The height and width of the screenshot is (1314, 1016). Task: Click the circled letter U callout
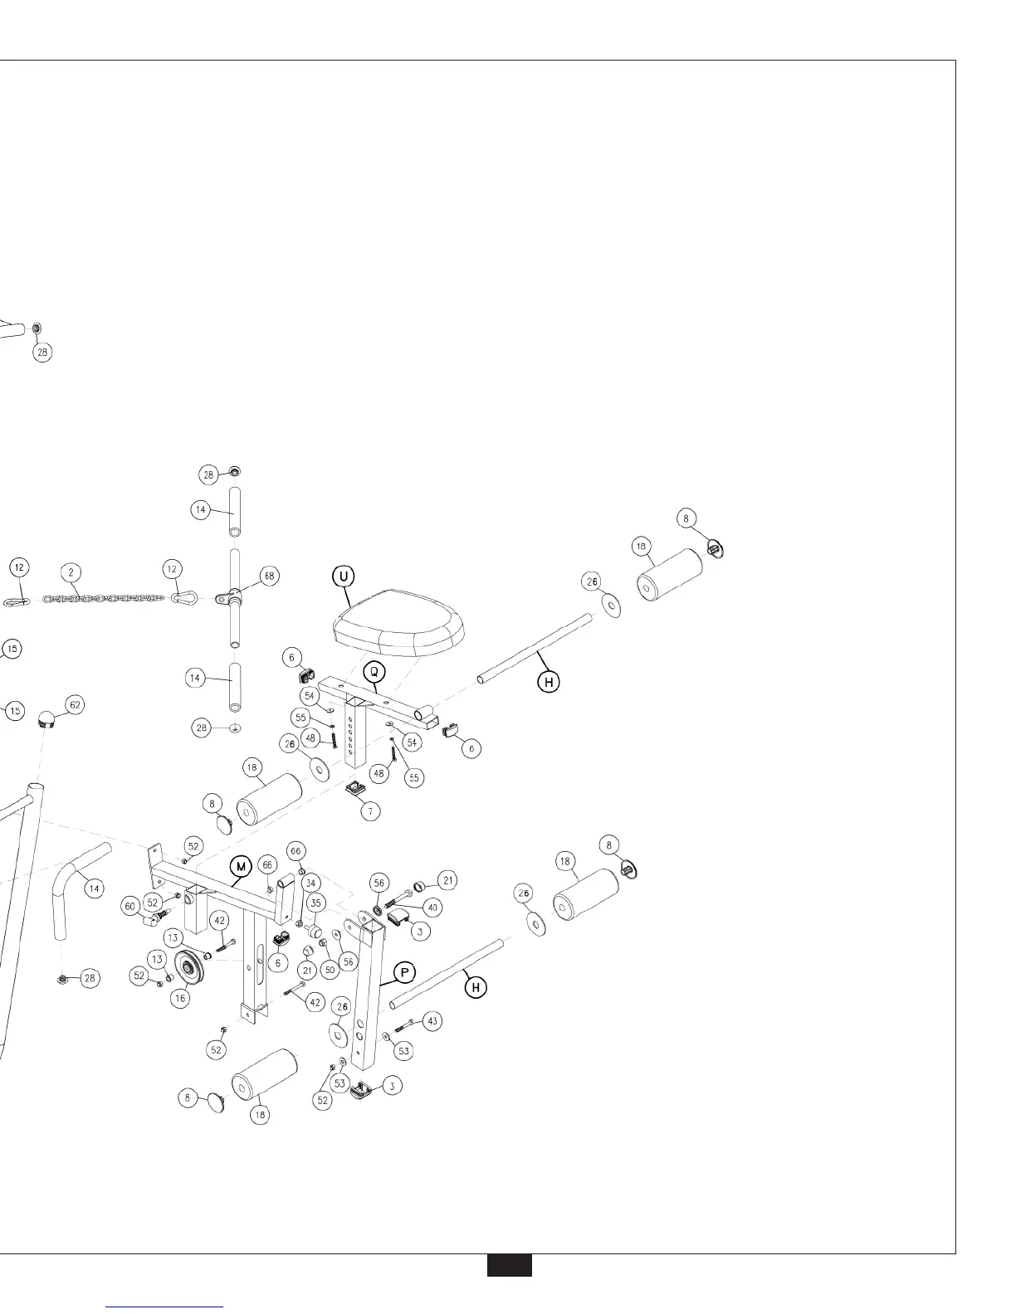tap(344, 575)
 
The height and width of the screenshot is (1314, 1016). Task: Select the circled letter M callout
tap(241, 867)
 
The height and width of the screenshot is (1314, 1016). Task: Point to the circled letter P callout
tap(404, 971)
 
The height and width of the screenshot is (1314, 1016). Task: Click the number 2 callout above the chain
tap(72, 572)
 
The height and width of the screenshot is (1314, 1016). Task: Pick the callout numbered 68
tap(268, 575)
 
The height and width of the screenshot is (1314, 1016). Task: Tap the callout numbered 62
tap(75, 705)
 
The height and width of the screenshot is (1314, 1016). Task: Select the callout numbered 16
tap(180, 999)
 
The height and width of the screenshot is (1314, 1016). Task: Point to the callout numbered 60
tap(131, 907)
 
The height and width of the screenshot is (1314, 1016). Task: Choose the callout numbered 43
tap(432, 1021)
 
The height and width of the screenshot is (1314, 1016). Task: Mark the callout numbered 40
tap(432, 908)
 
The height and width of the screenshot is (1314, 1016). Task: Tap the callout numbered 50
tap(330, 969)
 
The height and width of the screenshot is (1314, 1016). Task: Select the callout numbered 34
tap(310, 883)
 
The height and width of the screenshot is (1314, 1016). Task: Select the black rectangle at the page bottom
tap(509, 1266)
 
